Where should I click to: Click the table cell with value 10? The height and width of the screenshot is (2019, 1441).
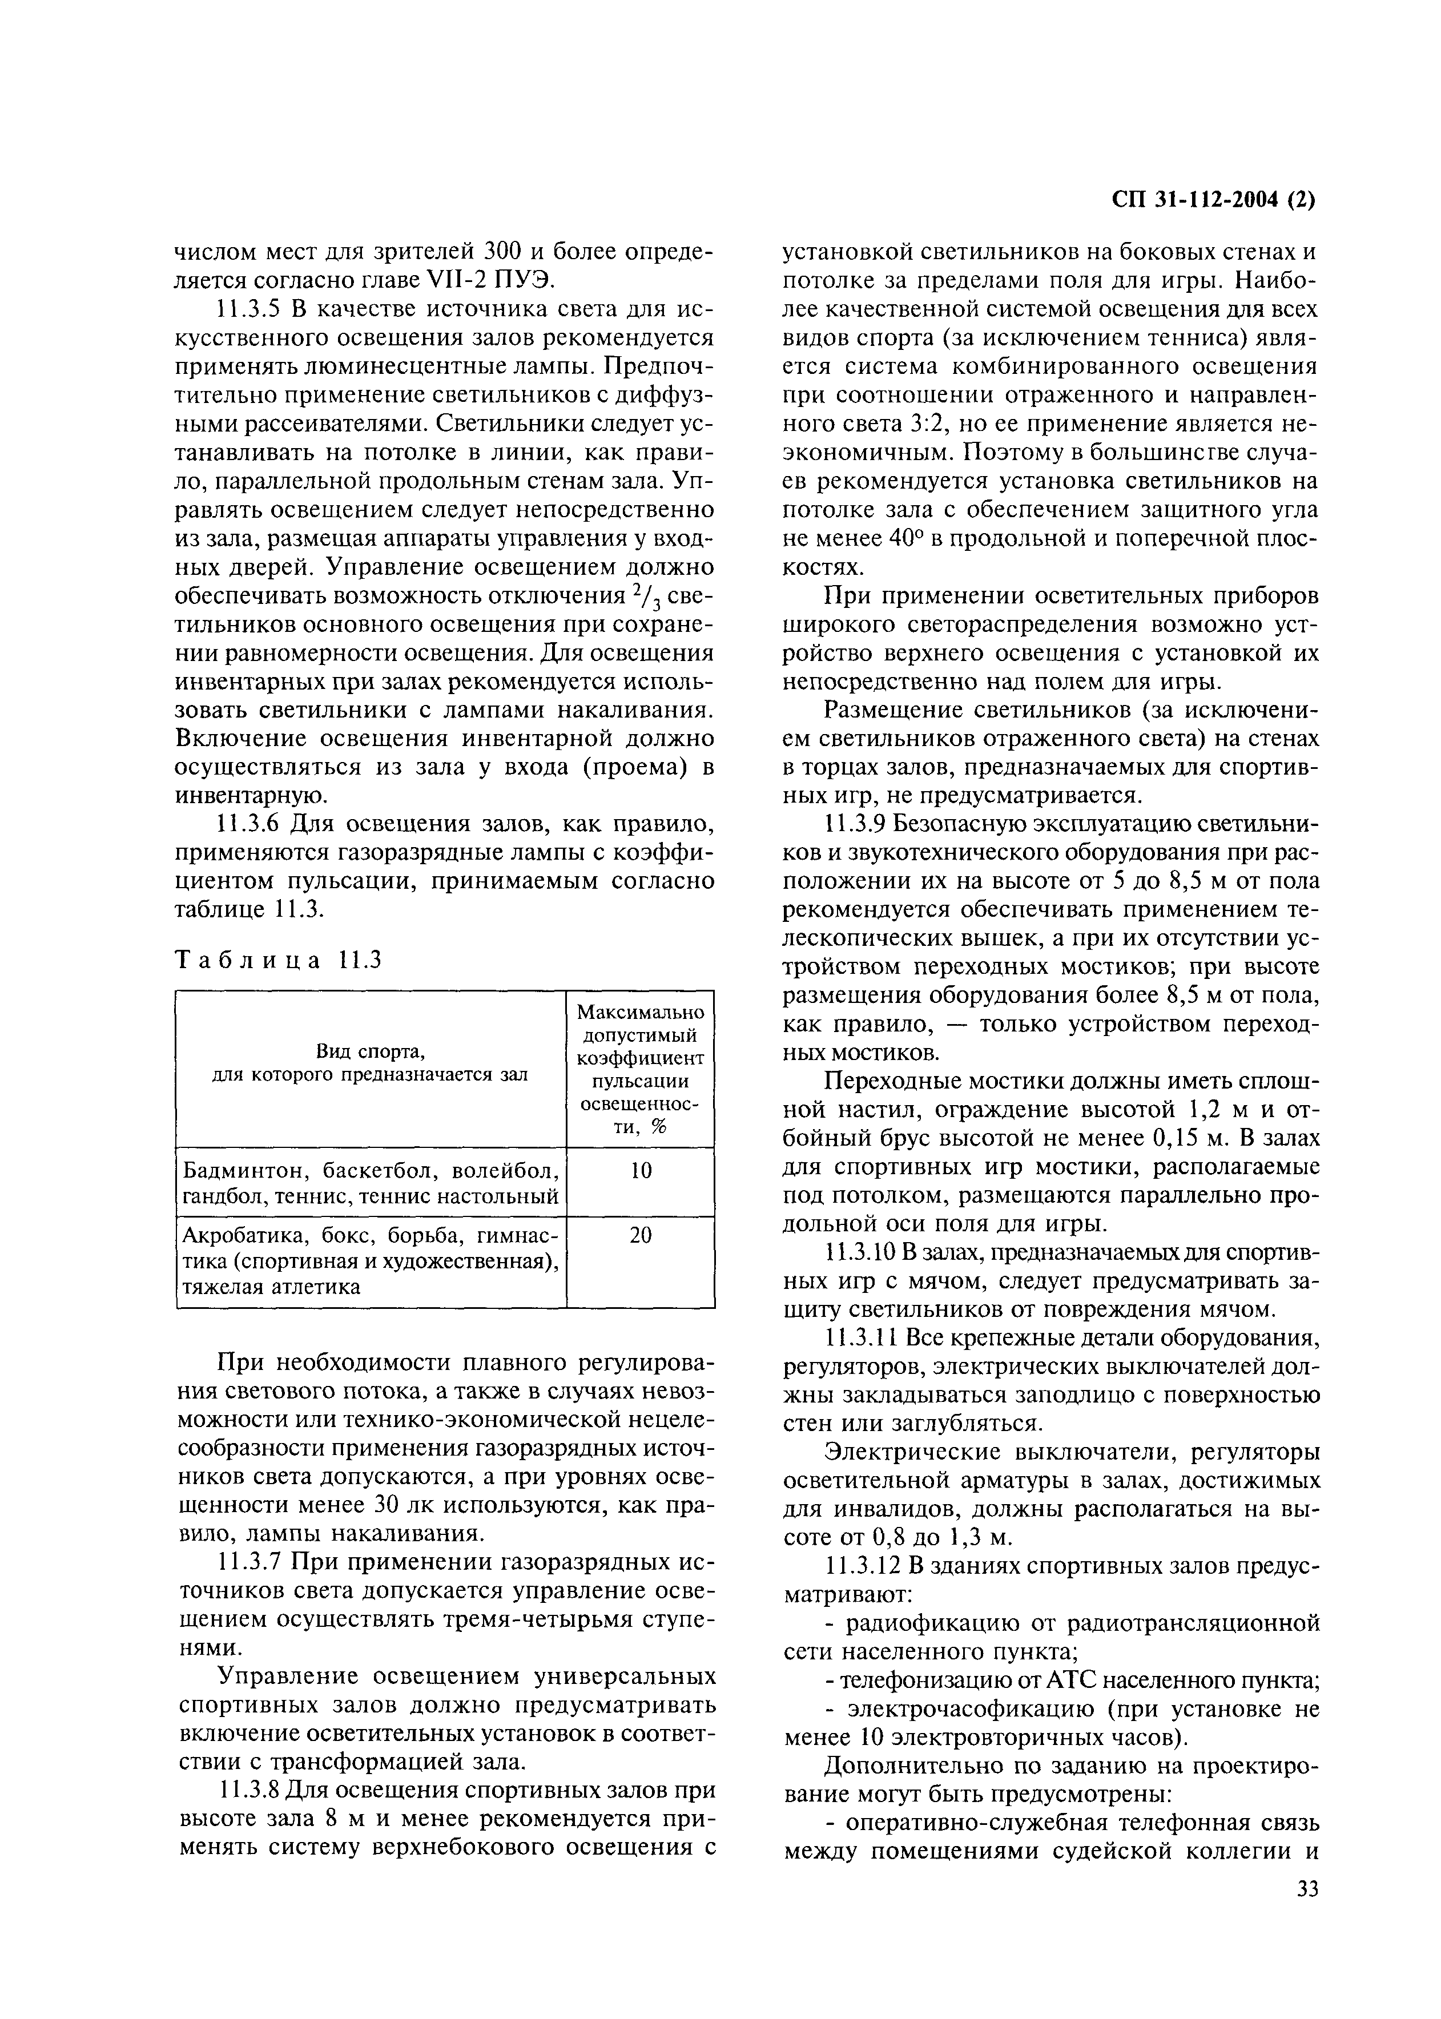point(641,1171)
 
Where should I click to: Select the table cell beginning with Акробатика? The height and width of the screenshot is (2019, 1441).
point(371,1260)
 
